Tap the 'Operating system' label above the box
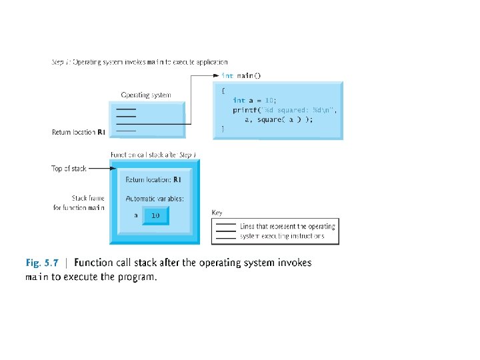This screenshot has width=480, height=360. pos(145,95)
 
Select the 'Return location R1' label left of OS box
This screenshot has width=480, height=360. pos(79,132)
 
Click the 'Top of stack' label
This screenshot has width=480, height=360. pos(69,169)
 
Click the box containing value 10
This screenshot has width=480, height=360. pos(155,215)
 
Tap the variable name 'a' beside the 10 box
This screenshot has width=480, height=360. pos(135,215)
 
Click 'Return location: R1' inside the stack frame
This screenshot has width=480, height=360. pos(153,179)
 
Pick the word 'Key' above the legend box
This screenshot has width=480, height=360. pos(217,213)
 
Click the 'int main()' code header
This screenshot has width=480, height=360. pos(241,76)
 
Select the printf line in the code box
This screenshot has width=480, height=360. pos(285,109)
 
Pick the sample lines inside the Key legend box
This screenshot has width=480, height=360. pos(226,231)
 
